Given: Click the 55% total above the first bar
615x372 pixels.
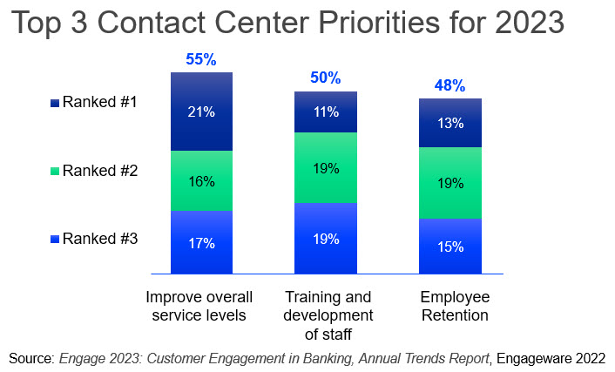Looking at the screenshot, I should tap(202, 60).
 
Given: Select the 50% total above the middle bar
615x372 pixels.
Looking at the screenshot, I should tap(326, 78).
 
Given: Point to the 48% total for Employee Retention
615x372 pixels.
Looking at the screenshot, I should tap(449, 86).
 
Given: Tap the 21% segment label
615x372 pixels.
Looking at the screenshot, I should tap(202, 112).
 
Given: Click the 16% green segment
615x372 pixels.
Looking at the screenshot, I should tap(202, 181).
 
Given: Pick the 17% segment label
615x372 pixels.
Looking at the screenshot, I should tap(202, 243).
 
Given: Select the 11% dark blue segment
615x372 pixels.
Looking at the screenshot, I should tap(326, 112).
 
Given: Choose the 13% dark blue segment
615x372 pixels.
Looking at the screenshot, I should tap(449, 123).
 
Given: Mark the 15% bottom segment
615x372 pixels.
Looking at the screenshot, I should tap(449, 247).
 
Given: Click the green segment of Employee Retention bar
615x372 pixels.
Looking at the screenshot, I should tap(449, 183).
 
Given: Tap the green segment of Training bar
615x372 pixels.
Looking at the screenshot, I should tap(326, 168).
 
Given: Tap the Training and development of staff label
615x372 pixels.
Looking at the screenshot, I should tap(327, 314).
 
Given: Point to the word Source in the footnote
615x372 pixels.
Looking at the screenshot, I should tap(30, 358).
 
